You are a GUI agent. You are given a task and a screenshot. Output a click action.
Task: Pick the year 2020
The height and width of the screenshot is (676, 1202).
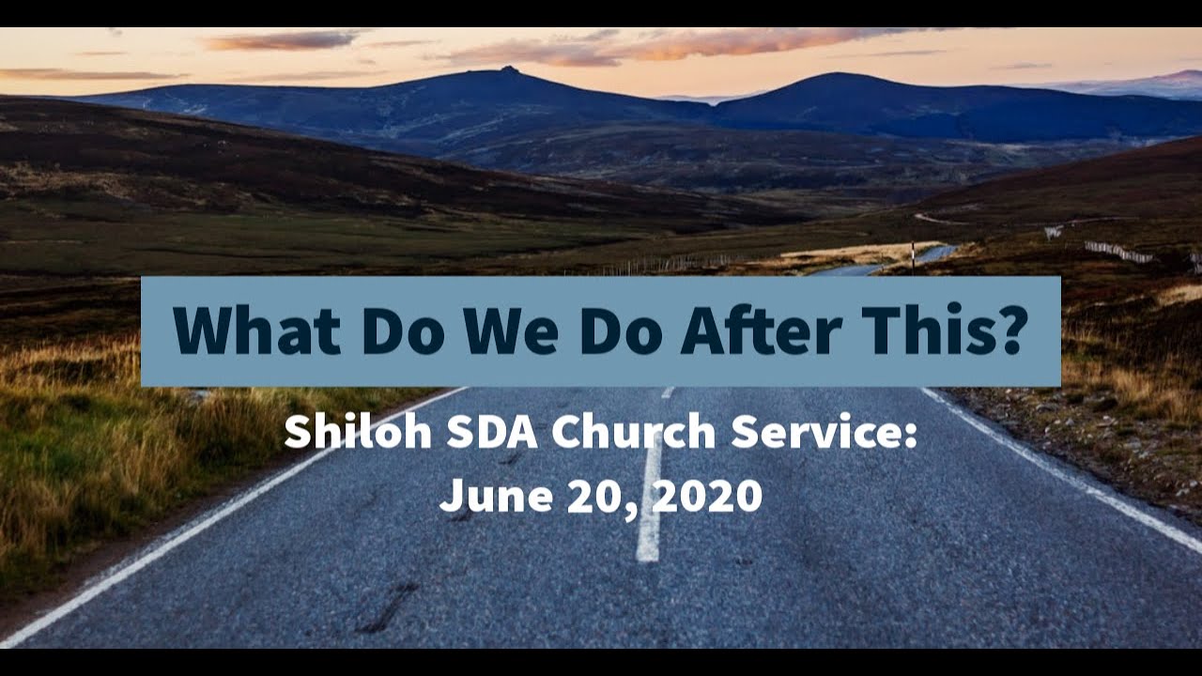point(707,495)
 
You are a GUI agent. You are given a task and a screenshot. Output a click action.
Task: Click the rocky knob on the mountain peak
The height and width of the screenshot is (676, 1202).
point(508,69)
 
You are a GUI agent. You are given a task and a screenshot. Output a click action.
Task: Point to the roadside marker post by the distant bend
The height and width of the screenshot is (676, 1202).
point(912,254)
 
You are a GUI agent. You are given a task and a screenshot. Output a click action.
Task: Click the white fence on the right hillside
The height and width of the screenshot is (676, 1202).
point(1117,252)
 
